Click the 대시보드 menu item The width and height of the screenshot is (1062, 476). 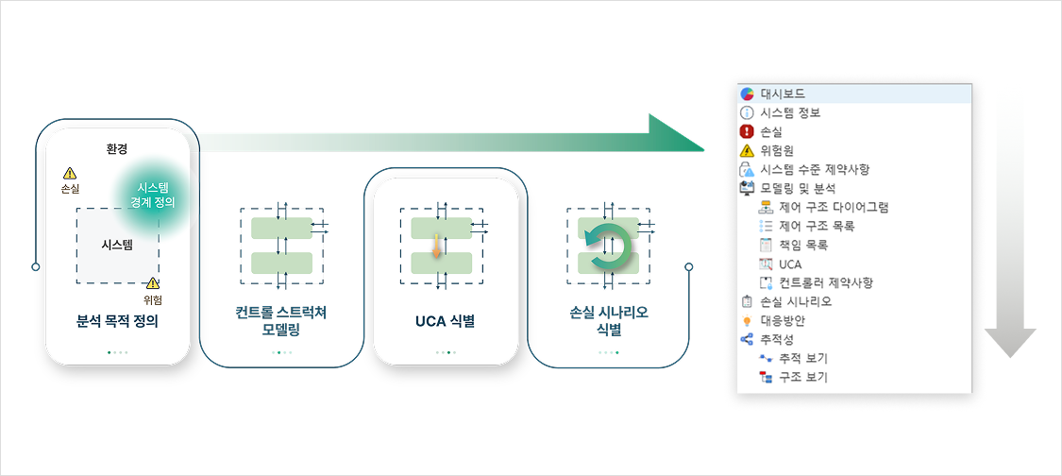coord(782,93)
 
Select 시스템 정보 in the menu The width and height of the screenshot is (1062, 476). coord(789,112)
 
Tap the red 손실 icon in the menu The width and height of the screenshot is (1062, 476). coord(746,131)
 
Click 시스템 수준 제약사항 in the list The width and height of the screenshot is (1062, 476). coord(814,169)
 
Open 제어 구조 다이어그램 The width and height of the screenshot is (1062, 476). coord(833,207)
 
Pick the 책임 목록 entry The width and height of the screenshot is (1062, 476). coord(802,245)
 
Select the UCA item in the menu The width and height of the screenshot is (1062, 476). coord(790,263)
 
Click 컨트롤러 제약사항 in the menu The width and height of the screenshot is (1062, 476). coord(825,282)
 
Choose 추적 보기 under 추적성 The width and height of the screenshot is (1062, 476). coord(802,358)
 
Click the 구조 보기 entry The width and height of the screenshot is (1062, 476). coord(802,377)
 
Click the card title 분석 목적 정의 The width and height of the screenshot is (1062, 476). coord(117,320)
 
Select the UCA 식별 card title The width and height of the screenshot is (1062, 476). coord(445,321)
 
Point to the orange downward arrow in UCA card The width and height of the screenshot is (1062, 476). coord(436,246)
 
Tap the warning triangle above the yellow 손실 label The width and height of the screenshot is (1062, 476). coord(70,174)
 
